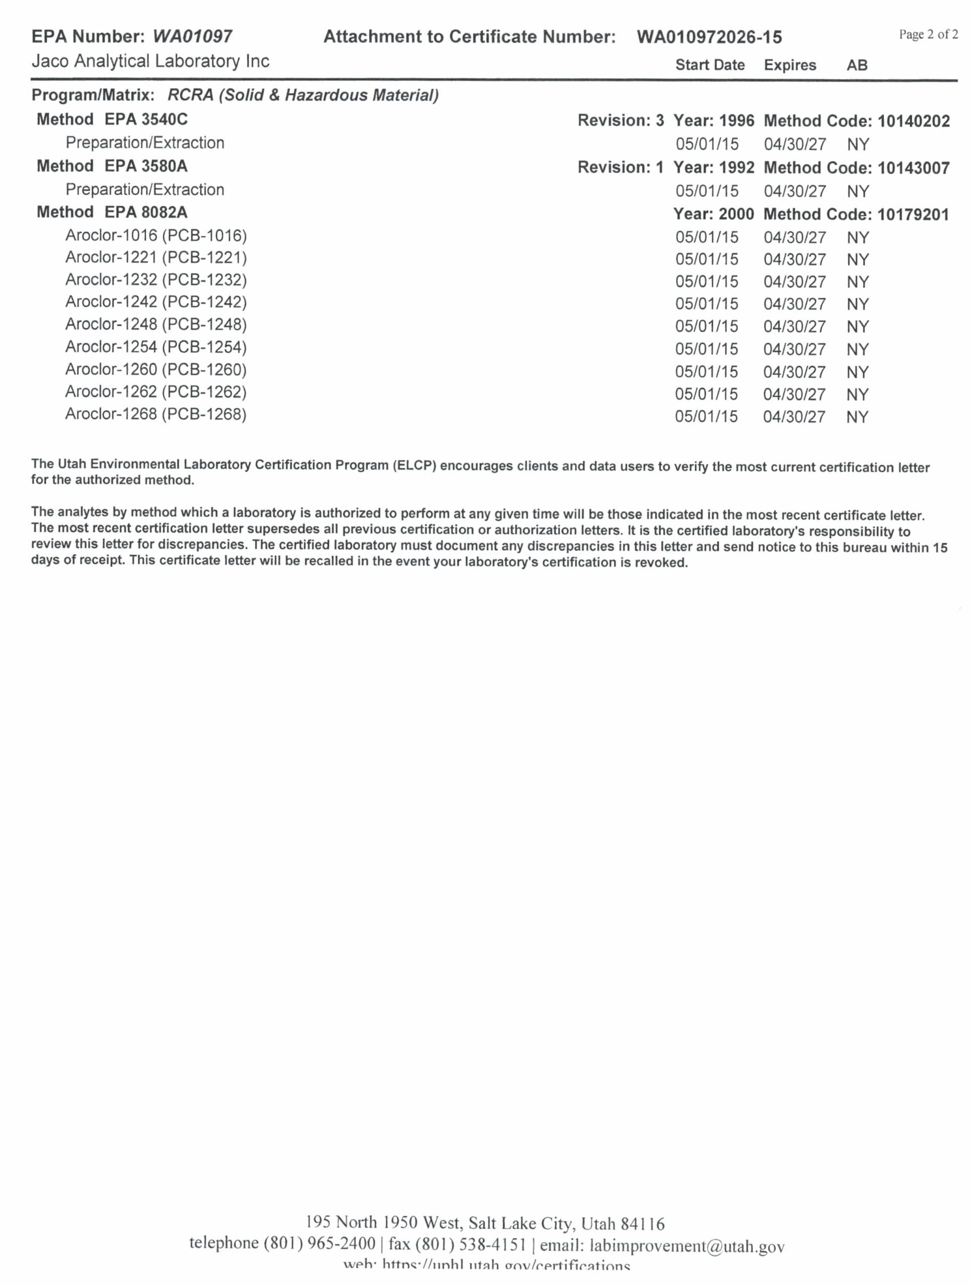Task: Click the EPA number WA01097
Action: (x=192, y=37)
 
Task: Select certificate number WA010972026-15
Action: (x=709, y=37)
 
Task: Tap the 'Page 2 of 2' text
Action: (x=928, y=34)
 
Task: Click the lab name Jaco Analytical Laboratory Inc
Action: (x=151, y=61)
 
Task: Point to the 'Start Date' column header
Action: (x=710, y=65)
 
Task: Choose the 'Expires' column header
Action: (x=790, y=65)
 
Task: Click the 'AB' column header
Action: (x=856, y=65)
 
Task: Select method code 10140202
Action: (x=914, y=121)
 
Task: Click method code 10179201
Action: (x=913, y=214)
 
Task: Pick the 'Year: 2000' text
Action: (x=714, y=214)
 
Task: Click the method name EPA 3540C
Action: (x=146, y=119)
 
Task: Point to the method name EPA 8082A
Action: (x=146, y=213)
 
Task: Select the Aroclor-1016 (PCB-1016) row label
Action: (x=156, y=236)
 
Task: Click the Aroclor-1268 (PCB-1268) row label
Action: (x=156, y=414)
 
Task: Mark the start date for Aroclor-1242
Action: (x=707, y=304)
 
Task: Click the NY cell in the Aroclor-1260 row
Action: (x=857, y=372)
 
